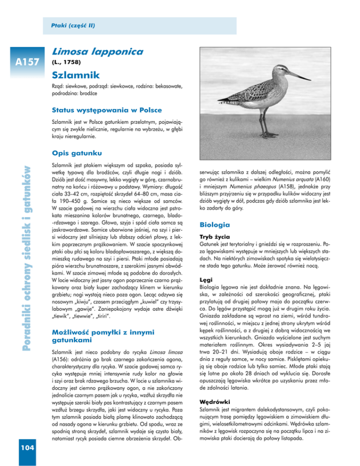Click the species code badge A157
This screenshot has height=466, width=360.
coord(26,61)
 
